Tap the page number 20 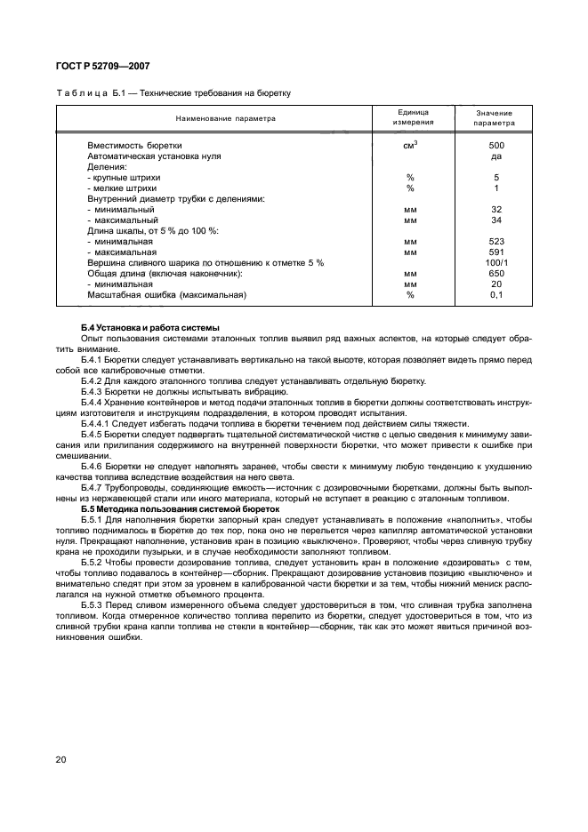point(61,758)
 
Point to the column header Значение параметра point(496,118)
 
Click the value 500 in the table point(496,145)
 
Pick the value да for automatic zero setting point(496,156)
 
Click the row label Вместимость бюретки point(134,145)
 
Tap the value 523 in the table point(496,241)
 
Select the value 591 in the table point(496,252)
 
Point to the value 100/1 point(496,262)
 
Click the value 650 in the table point(496,273)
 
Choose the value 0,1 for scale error point(496,294)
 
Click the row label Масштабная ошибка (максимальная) point(166,294)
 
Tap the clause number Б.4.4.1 point(100,424)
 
